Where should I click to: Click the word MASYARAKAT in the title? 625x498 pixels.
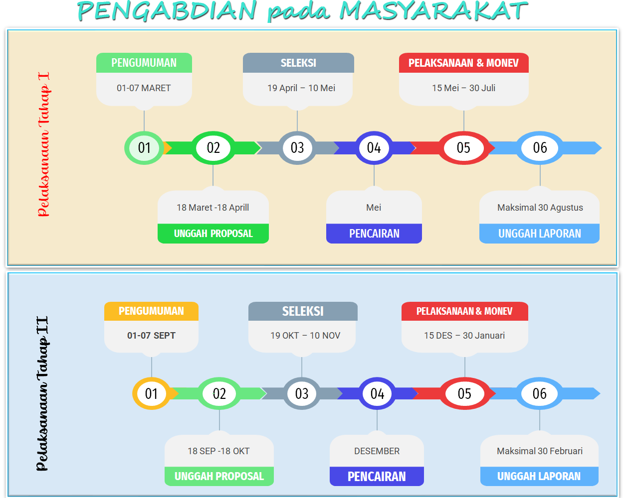433,11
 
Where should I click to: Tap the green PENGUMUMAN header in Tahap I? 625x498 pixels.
144,63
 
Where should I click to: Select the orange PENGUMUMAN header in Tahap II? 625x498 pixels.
151,311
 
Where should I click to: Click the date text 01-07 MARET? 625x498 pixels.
144,88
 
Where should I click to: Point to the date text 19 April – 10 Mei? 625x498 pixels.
301,88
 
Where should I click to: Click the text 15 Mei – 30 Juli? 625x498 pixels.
463,88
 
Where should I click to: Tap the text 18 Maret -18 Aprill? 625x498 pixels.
213,207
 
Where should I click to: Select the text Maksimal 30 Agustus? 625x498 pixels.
540,207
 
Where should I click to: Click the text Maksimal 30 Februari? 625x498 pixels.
540,451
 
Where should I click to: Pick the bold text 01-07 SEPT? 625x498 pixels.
151,336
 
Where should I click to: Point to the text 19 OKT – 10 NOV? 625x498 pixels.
305,336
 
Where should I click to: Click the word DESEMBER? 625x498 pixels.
377,451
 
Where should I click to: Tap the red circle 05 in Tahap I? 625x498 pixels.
463,148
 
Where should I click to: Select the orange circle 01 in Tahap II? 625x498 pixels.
151,393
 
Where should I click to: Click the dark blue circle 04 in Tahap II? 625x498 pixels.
377,393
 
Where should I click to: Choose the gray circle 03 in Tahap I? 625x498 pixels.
297,148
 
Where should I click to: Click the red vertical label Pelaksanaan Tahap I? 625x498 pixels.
44,144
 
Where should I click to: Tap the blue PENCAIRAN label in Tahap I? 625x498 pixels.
374,234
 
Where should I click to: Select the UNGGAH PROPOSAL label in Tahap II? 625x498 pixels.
219,476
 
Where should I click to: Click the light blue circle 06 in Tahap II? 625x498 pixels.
539,393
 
